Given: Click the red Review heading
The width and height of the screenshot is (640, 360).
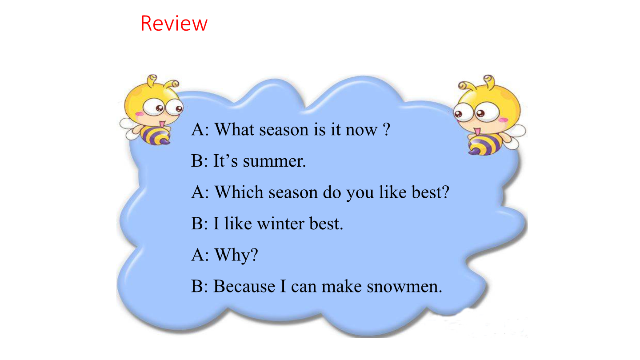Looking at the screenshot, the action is (174, 23).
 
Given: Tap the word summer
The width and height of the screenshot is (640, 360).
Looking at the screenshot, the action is (274, 161).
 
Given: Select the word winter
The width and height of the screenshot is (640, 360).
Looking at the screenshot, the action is (280, 224).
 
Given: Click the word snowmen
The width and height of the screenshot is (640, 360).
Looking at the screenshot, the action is (404, 287).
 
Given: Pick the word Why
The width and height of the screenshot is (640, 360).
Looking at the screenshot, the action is (236, 255).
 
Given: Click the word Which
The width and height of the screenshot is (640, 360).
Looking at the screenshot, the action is (239, 192).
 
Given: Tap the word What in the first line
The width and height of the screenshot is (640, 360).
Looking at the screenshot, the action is (234, 129).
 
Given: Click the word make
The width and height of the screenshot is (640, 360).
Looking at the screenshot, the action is (342, 286).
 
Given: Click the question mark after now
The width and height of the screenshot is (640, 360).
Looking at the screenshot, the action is (387, 129).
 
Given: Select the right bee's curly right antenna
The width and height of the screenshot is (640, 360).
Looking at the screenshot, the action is (490, 80).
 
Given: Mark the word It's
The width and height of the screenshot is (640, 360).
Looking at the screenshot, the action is (225, 161).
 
